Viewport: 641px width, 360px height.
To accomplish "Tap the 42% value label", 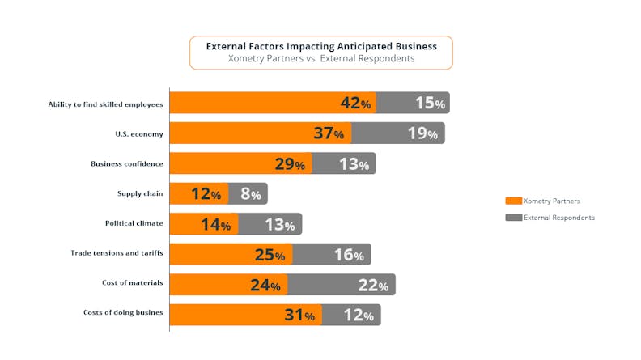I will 355,104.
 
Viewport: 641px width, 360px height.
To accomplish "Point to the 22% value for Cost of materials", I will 372,285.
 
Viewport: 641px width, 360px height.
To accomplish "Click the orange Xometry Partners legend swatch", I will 512,201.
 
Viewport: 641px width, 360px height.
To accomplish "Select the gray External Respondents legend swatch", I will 512,218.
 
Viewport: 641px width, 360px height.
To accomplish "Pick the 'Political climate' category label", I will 134,223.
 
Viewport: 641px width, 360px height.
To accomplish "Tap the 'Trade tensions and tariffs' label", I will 117,253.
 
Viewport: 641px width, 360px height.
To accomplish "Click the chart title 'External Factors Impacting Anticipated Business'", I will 321,46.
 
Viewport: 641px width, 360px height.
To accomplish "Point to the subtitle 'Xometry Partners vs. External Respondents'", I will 321,59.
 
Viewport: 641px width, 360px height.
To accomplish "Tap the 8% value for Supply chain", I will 250,194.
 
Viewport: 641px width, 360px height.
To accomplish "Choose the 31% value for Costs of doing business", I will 299,315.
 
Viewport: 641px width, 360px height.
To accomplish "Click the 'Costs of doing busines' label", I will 123,313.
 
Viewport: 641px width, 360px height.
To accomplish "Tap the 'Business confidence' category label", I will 127,163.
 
